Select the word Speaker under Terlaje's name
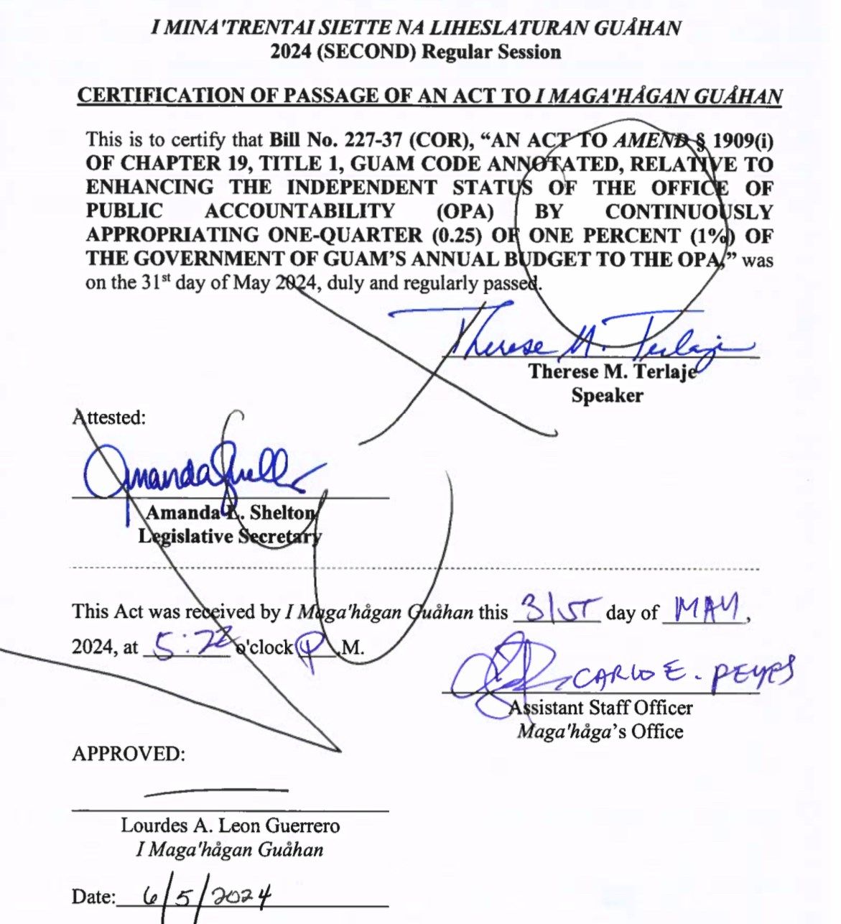tap(607, 395)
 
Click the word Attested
tap(109, 417)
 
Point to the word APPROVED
tap(129, 754)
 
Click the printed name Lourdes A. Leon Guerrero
tap(230, 826)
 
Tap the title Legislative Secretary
tap(230, 536)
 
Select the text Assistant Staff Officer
tap(600, 708)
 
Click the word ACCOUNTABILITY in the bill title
tap(299, 211)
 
